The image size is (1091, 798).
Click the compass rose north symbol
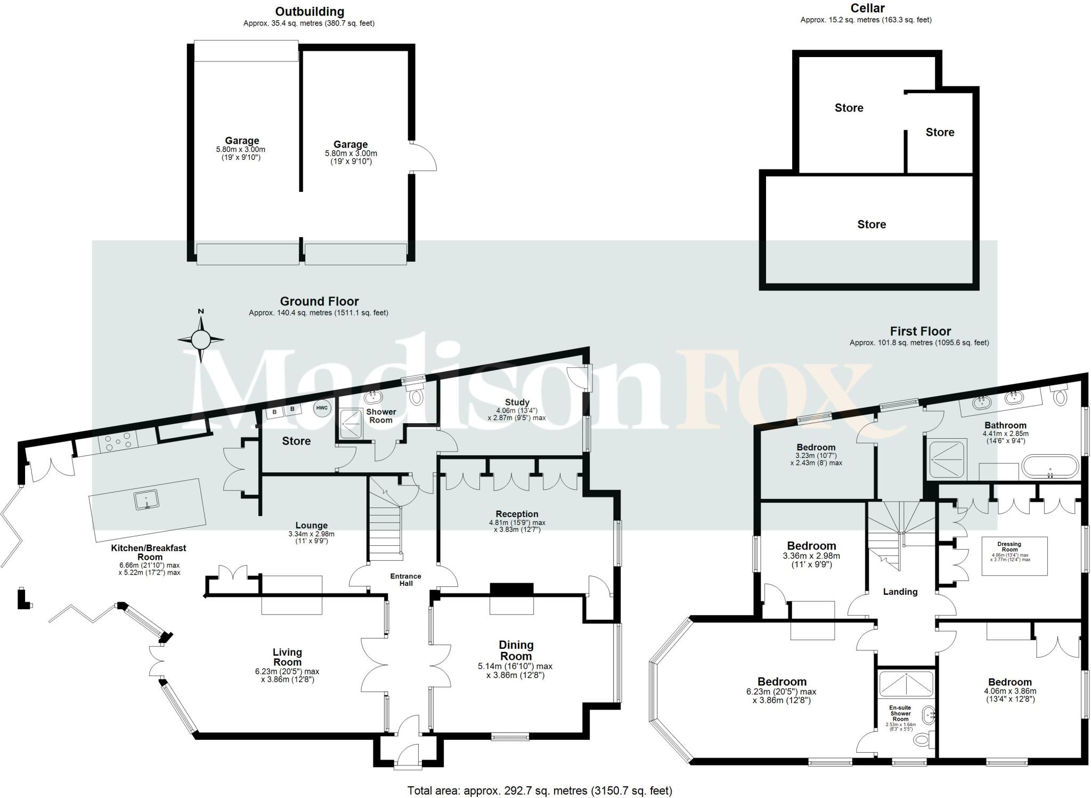click(201, 338)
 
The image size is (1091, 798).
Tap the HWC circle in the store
click(322, 408)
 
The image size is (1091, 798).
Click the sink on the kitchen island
click(145, 499)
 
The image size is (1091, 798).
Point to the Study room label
click(517, 402)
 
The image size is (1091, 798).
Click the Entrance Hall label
click(405, 579)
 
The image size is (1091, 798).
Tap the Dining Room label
click(516, 650)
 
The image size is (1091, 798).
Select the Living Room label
click(287, 657)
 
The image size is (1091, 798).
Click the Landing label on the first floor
click(900, 592)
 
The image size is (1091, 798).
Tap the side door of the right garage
click(424, 157)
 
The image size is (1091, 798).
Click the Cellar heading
click(868, 8)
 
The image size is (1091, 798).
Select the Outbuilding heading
click(310, 11)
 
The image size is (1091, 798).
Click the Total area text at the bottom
click(539, 791)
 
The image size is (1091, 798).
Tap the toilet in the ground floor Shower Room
click(416, 396)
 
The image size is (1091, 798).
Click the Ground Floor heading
click(319, 301)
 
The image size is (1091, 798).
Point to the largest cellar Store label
click(871, 224)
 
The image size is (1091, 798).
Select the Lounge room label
click(311, 525)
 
